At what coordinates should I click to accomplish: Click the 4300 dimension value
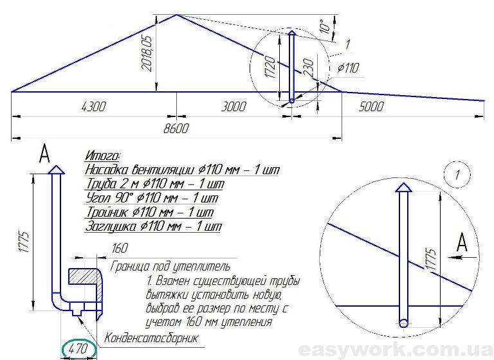pyautogui.click(x=93, y=107)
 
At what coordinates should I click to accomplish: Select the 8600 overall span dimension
pyautogui.click(x=176, y=129)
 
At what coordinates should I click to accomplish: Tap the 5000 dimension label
pyautogui.click(x=371, y=107)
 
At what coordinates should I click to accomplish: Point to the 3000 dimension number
pyautogui.click(x=233, y=107)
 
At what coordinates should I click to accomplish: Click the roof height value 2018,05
pyautogui.click(x=147, y=53)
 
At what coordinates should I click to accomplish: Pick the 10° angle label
pyautogui.click(x=325, y=26)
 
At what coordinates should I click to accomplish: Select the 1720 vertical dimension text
pyautogui.click(x=271, y=67)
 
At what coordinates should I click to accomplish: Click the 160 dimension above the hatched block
pyautogui.click(x=120, y=248)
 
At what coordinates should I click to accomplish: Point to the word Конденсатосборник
pyautogui.click(x=151, y=338)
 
